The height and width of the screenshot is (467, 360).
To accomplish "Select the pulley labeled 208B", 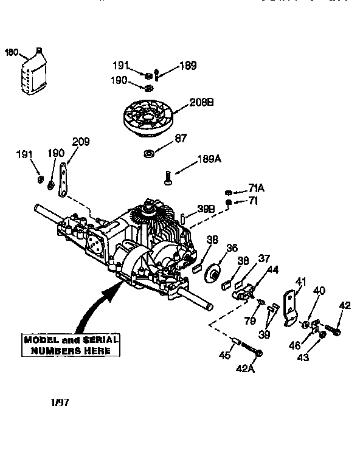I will [147, 119].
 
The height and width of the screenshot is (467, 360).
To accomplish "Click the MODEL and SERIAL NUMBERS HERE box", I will [71, 345].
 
